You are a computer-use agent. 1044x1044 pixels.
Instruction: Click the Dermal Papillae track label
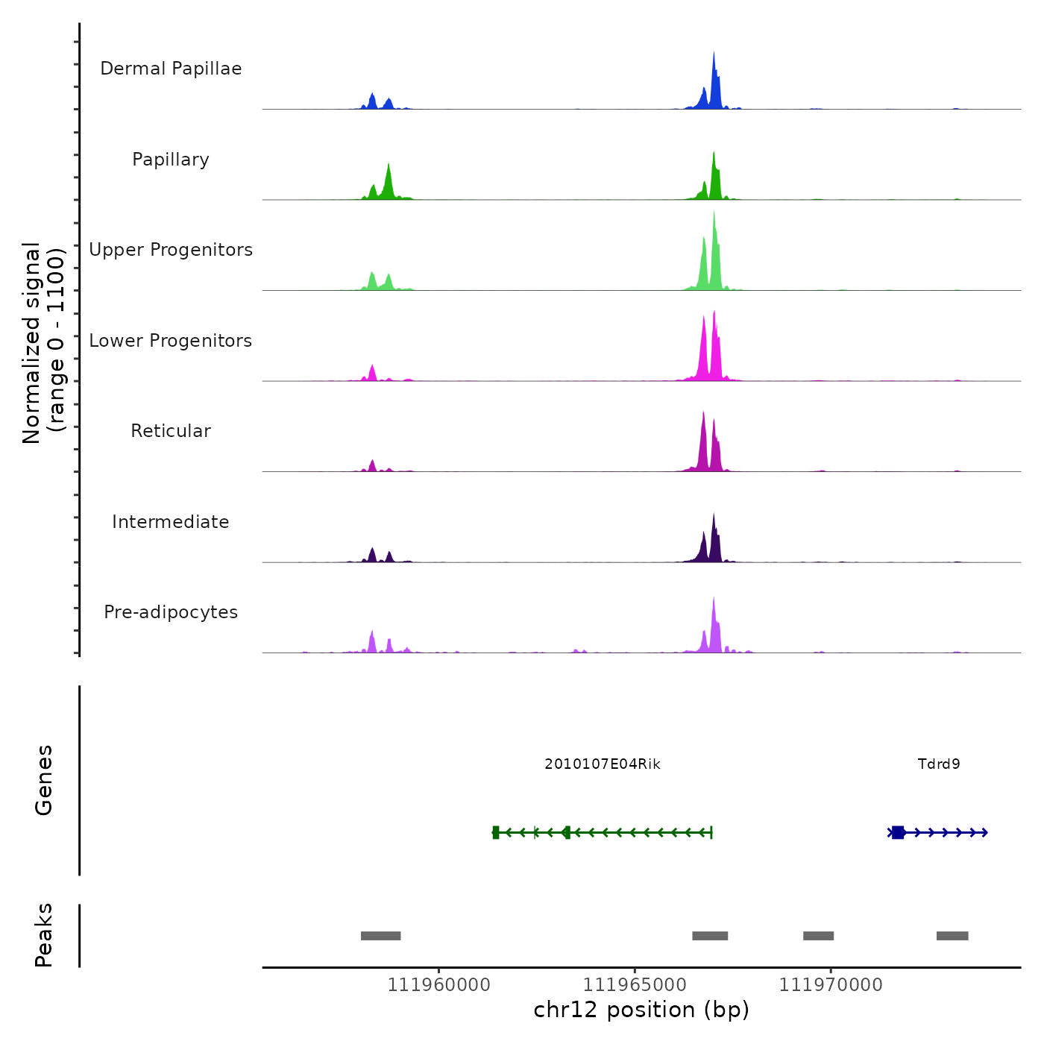point(171,69)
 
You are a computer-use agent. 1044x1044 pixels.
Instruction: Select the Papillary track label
point(171,160)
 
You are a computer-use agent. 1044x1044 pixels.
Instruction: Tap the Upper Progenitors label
point(171,250)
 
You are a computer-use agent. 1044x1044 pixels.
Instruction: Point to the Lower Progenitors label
point(171,341)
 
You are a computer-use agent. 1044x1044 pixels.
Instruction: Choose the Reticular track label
point(171,431)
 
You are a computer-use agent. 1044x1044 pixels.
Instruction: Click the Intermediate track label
point(171,522)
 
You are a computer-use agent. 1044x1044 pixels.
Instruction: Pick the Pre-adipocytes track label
point(171,612)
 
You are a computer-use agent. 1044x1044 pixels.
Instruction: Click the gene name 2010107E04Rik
point(603,764)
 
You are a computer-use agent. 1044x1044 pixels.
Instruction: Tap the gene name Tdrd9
point(939,764)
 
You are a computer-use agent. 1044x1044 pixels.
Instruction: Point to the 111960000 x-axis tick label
point(439,985)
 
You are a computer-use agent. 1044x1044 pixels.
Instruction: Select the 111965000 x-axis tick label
point(635,985)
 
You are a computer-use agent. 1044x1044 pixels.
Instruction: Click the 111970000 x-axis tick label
point(831,985)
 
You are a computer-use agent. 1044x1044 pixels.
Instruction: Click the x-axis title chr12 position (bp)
point(641,1010)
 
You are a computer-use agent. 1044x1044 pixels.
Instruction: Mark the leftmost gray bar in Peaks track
point(380,936)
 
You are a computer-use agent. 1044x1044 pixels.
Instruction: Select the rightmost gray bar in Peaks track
point(952,936)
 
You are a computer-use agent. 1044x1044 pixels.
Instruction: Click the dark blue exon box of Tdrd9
point(898,832)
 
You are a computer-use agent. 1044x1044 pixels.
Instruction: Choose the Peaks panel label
point(43,935)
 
